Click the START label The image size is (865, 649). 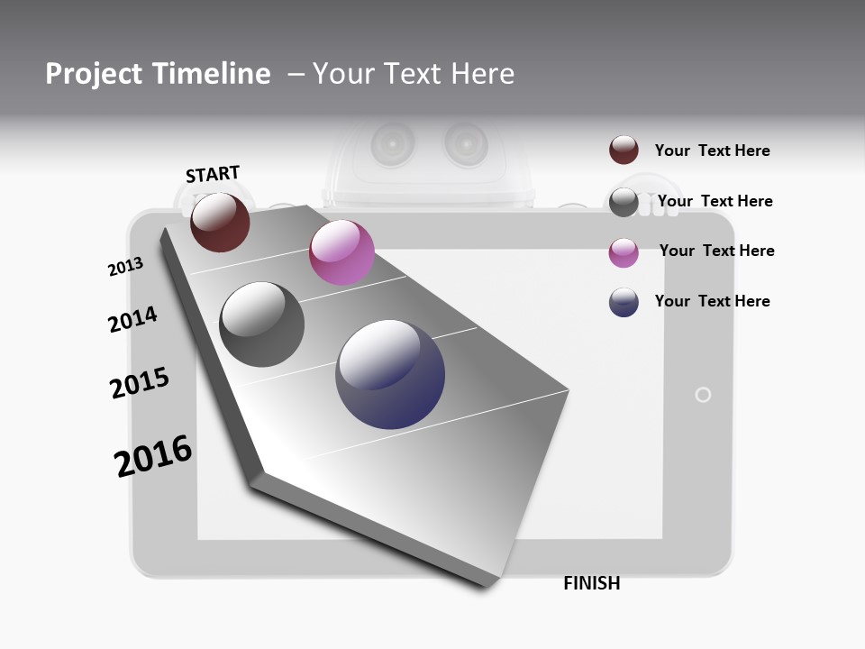213,174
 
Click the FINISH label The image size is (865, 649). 592,583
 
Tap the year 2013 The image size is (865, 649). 125,267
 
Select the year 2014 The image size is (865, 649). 132,319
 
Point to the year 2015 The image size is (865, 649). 140,383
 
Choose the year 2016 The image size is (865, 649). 153,455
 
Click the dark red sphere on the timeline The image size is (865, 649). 220,222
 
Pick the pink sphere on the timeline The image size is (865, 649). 341,252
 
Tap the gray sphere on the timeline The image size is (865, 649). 262,324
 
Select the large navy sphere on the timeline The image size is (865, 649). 390,374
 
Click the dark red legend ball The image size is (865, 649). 624,151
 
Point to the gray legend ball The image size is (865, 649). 624,202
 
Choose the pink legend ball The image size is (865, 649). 624,252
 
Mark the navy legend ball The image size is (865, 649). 624,302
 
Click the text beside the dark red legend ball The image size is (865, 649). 712,151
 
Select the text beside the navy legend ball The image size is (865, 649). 712,301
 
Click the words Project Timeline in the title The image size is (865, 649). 158,74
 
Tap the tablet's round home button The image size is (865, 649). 704,395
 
